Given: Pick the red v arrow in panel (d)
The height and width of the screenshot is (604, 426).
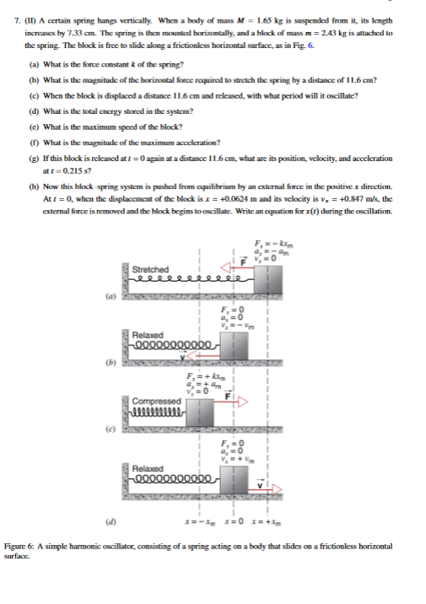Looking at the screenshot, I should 261,488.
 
